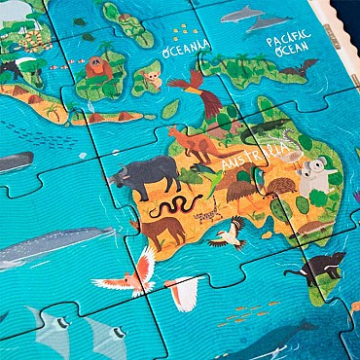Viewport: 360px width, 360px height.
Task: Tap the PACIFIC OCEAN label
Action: pos(289,43)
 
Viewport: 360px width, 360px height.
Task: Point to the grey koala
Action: pos(313,176)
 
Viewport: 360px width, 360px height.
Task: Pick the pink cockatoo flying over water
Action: pos(128,273)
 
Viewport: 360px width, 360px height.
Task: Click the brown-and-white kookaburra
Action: pos(229,234)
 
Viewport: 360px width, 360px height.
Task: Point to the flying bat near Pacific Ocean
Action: pos(299,68)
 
